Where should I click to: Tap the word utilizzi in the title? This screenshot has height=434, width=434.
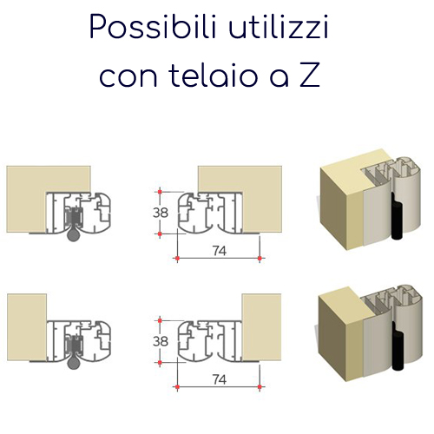(279, 27)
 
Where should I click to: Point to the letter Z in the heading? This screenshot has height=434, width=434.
(310, 76)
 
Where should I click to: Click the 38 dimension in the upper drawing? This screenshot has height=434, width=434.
(161, 213)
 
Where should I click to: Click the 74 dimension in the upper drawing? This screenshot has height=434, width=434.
(220, 251)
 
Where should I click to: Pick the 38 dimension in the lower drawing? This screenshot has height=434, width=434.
(161, 341)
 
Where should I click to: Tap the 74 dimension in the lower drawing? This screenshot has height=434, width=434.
(220, 379)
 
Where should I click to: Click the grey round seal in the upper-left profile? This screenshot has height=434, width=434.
(74, 234)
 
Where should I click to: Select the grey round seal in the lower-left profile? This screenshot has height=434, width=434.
(74, 363)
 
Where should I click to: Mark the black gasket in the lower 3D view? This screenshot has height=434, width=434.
(398, 347)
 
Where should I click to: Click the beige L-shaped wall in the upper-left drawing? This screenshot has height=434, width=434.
(26, 200)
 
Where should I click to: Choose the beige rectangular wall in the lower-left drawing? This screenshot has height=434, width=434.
(27, 327)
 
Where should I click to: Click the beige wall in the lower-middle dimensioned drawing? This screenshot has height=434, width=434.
(261, 327)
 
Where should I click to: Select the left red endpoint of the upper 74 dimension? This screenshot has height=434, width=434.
(177, 258)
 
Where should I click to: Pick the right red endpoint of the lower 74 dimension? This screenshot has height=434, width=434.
(260, 387)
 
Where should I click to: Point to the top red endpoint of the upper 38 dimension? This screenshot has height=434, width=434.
(160, 192)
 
